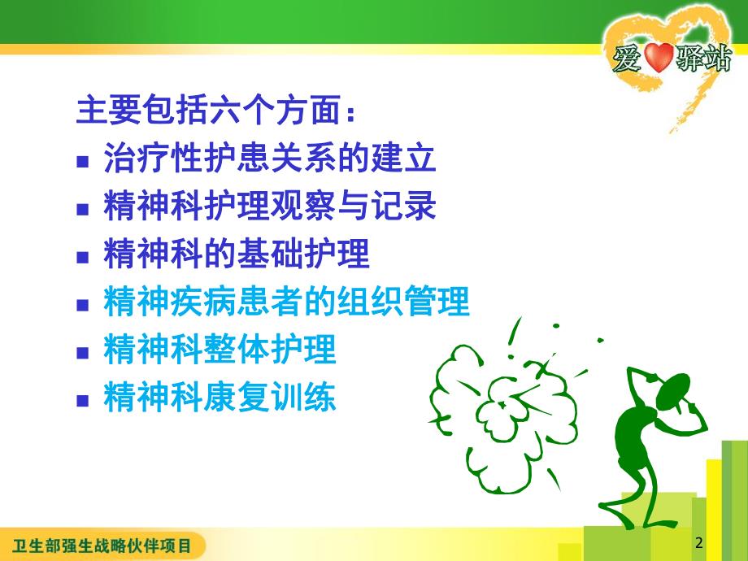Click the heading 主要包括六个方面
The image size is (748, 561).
pyautogui.click(x=215, y=111)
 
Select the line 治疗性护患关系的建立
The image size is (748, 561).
pyautogui.click(x=270, y=159)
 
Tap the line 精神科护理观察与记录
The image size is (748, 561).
pyautogui.click(x=270, y=207)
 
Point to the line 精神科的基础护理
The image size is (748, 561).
pyautogui.click(x=237, y=255)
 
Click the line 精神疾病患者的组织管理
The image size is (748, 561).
pyautogui.click(x=286, y=303)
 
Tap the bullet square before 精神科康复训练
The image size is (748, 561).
pyautogui.click(x=82, y=401)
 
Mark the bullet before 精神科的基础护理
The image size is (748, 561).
pyautogui.click(x=82, y=257)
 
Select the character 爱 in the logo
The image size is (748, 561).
pyautogui.click(x=628, y=61)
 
